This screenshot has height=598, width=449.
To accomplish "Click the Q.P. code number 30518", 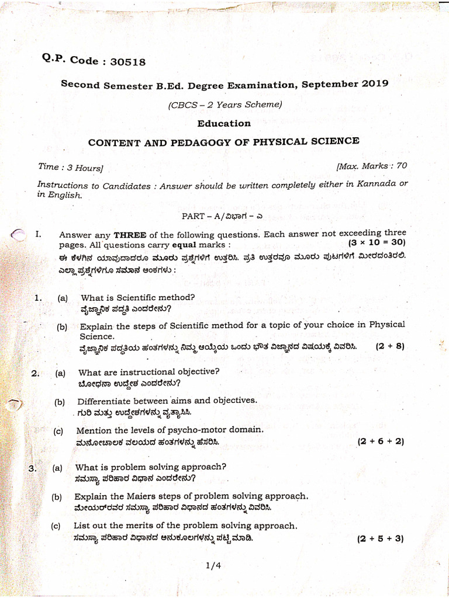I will point(127,61).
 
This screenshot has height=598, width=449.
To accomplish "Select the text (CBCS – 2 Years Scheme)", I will point(225,105).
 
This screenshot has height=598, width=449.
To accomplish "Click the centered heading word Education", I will point(224,123).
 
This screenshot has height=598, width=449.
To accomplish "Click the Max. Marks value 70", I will point(401,166).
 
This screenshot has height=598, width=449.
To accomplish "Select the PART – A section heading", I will point(224,215).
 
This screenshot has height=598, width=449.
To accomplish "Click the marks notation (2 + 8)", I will point(390,346).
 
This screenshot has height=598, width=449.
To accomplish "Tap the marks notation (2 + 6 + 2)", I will point(381,441).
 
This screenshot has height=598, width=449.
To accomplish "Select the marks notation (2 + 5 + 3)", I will point(381,538).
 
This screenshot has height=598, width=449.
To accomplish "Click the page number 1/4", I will point(213,565).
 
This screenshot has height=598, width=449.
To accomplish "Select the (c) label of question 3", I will point(56,526).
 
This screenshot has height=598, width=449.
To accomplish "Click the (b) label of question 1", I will point(62,327).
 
